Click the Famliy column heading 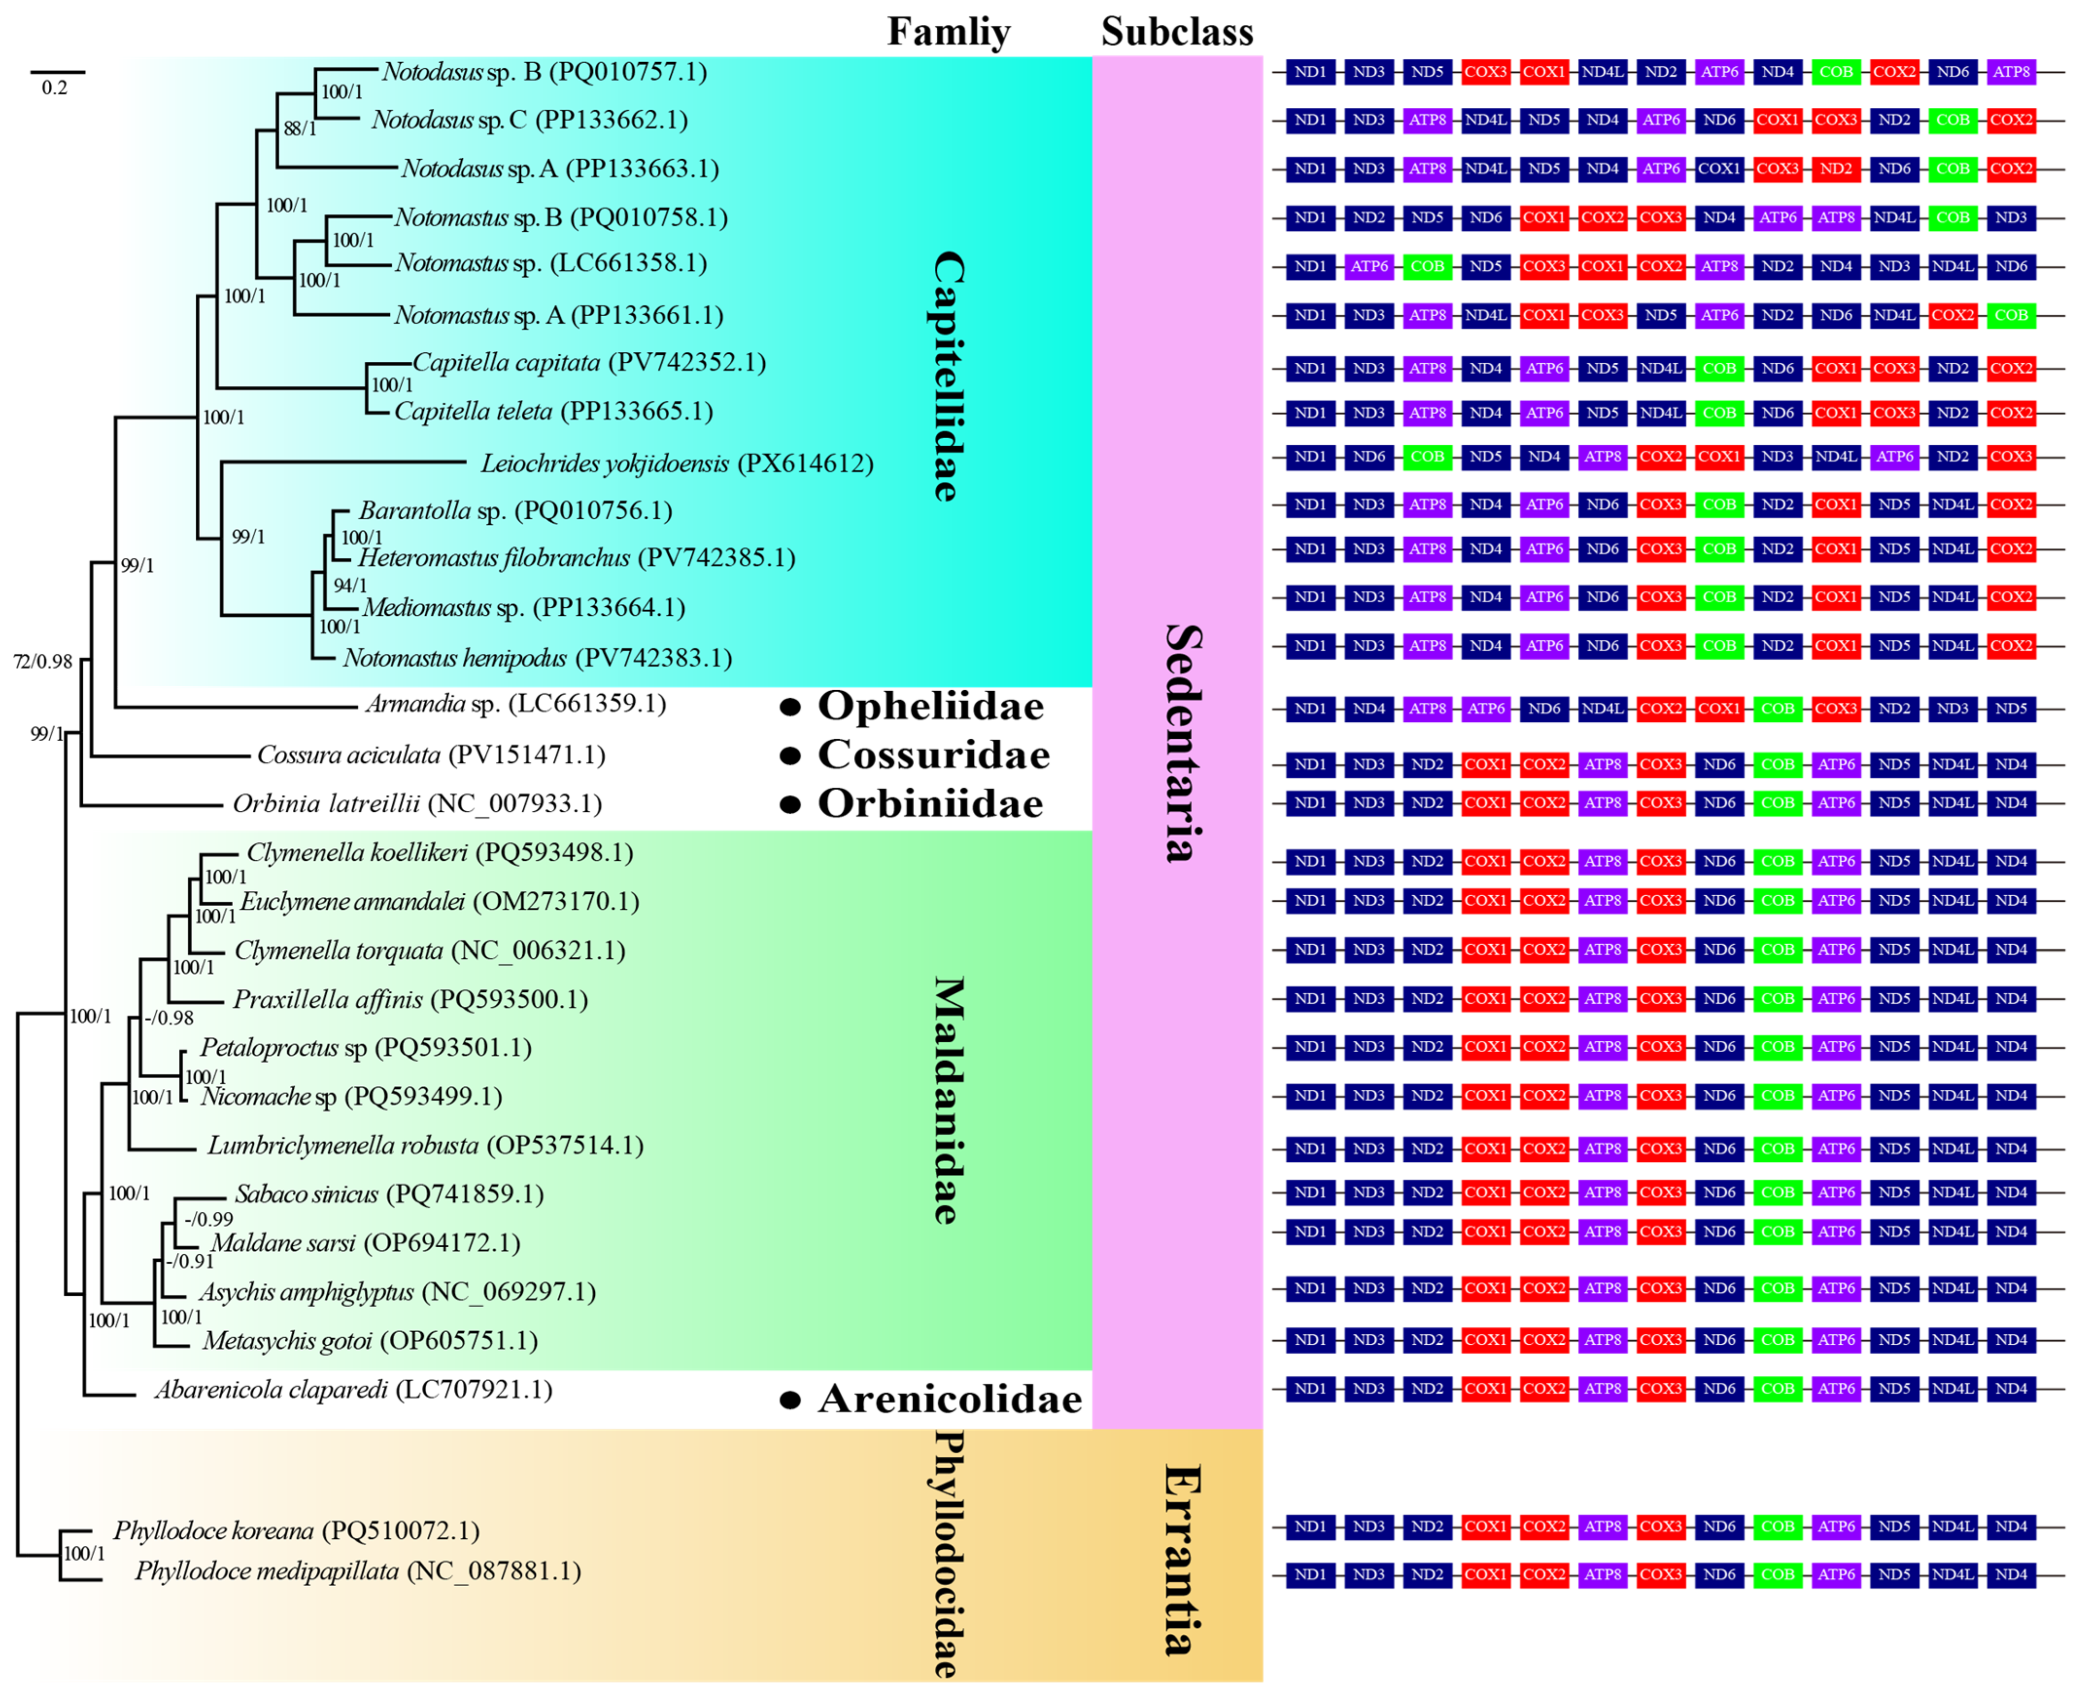[x=948, y=32]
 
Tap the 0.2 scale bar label [x=55, y=88]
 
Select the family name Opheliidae [x=930, y=706]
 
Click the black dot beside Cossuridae [x=791, y=756]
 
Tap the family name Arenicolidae [x=950, y=1399]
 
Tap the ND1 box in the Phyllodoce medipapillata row [x=1310, y=1574]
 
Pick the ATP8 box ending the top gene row [x=2011, y=71]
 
